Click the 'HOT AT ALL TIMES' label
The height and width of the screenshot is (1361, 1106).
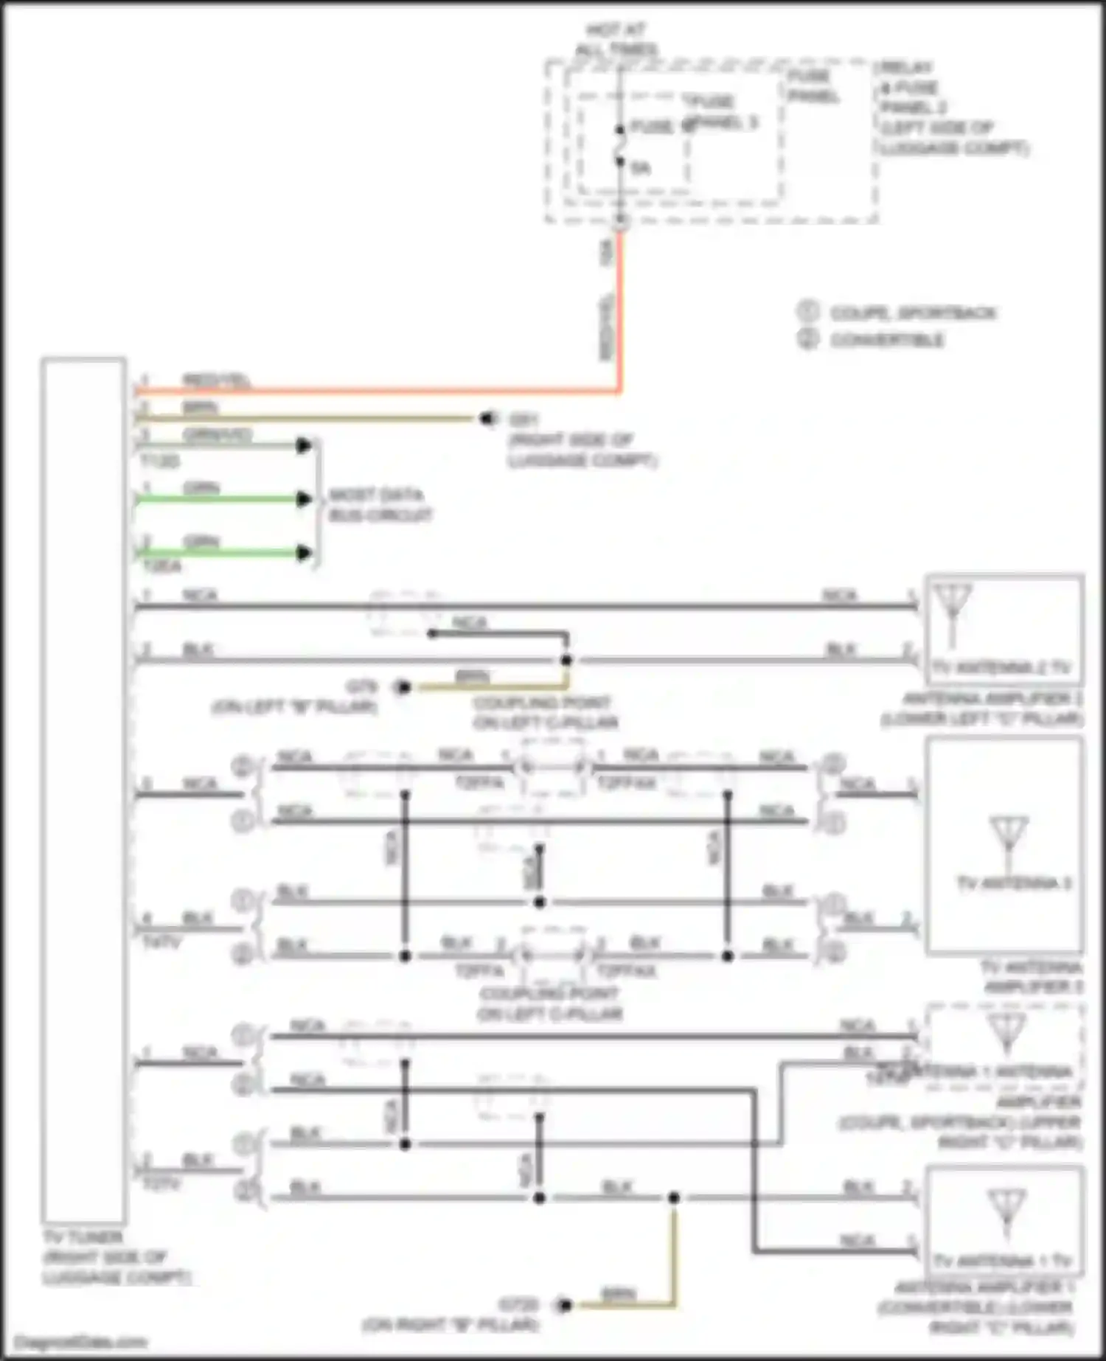[x=616, y=40]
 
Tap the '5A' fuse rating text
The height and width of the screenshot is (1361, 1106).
[x=640, y=168]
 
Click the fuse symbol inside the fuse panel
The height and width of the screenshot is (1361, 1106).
[x=620, y=145]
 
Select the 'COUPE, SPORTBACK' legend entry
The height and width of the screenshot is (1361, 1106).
[x=913, y=313]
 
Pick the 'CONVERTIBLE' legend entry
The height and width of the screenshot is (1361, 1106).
[x=887, y=340]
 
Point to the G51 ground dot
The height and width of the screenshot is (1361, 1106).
[x=487, y=419]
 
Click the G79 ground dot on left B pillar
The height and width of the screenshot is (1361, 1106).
[x=403, y=688]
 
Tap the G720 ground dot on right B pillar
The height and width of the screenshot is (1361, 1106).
[x=565, y=1306]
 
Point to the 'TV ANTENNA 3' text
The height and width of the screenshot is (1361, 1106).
[x=1013, y=883]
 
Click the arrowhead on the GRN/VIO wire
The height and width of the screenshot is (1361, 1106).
[x=303, y=445]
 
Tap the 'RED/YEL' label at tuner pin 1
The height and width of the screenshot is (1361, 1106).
[x=215, y=381]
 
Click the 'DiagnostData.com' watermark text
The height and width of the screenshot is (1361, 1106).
[x=81, y=1343]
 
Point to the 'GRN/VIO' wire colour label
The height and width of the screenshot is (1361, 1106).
[x=217, y=435]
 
